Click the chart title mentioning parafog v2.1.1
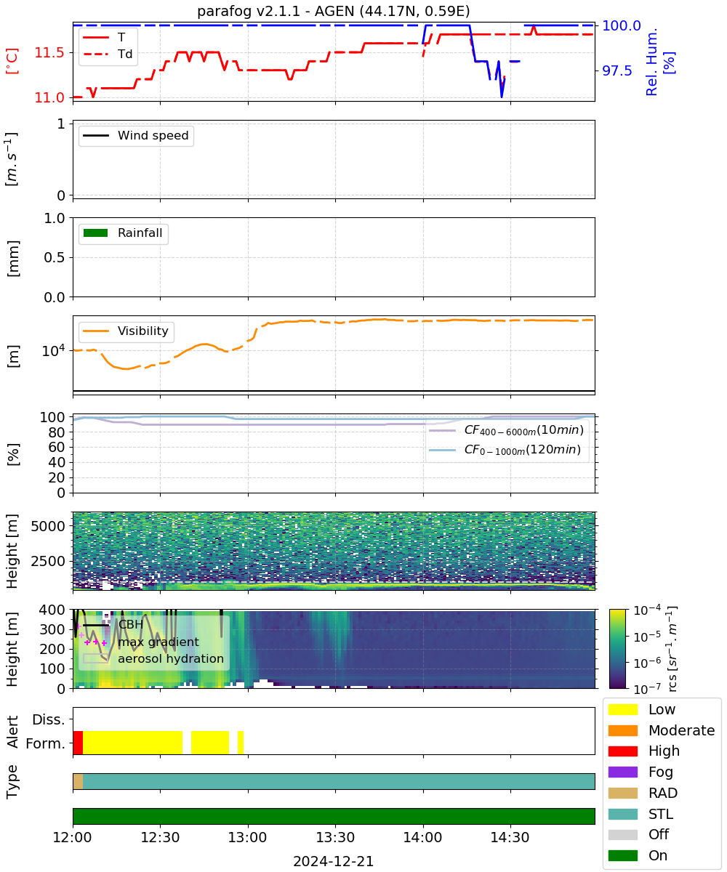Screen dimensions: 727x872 334,11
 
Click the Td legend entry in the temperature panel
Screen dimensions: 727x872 108,54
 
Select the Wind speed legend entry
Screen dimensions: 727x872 136,135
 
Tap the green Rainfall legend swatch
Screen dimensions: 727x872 96,233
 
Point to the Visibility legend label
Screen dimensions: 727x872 143,331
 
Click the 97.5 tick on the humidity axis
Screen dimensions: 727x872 617,71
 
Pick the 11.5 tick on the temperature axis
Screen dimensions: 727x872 49,52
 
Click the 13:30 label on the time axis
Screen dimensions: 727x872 335,838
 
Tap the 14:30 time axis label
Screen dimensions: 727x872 510,838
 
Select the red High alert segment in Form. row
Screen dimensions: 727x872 78,743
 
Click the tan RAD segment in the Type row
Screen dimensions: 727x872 78,781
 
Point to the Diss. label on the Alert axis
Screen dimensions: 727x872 49,719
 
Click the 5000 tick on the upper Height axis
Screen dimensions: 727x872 48,526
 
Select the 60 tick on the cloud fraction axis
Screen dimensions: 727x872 57,448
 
